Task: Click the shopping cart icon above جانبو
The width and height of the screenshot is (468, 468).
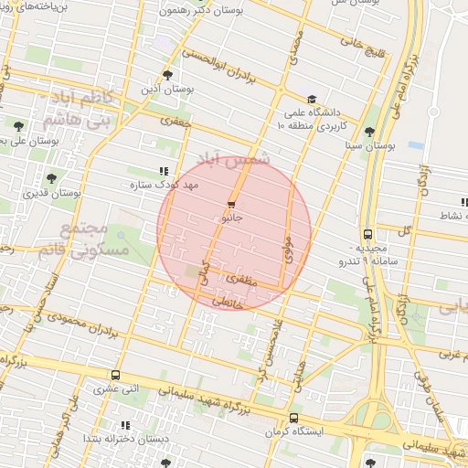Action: click(230, 206)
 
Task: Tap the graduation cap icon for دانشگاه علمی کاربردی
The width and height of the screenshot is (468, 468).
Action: click(313, 100)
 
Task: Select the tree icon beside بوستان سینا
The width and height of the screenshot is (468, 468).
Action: click(369, 132)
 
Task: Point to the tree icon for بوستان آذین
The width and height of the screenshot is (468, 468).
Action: click(166, 76)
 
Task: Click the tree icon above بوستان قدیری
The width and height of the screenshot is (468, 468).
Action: click(49, 179)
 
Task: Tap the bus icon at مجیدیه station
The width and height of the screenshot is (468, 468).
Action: click(367, 234)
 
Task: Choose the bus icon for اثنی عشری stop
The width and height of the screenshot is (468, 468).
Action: click(115, 375)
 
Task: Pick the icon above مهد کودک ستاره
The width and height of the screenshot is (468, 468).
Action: click(164, 171)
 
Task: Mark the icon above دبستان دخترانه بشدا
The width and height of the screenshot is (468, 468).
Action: click(125, 425)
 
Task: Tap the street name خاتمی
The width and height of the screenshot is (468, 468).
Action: click(229, 302)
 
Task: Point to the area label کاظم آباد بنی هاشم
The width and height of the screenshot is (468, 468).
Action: click(77, 110)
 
